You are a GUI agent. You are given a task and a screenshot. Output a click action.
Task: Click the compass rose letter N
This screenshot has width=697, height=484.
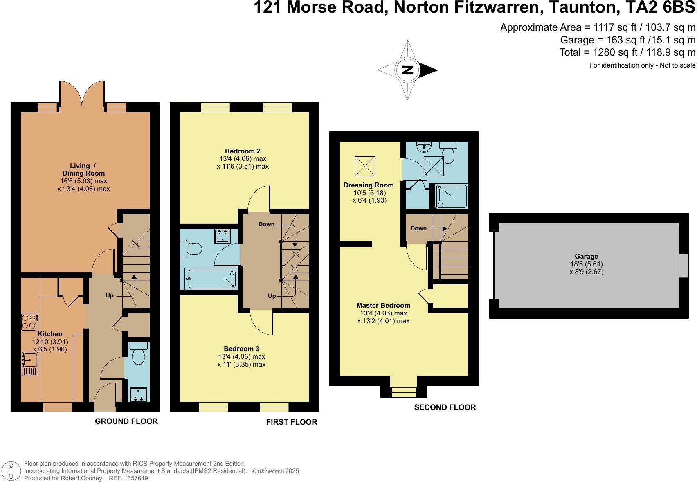407,70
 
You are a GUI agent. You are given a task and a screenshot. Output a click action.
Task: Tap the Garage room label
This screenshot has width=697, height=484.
586,257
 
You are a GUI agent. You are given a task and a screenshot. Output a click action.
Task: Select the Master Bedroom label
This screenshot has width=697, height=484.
383,305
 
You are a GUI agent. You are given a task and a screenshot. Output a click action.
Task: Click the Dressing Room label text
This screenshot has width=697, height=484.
369,185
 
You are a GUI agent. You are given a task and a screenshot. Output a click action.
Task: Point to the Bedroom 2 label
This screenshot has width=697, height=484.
243,151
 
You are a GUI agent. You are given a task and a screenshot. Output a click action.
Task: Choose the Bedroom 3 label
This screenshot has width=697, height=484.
241,349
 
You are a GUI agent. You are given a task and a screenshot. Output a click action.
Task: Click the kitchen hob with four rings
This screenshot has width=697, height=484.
29,321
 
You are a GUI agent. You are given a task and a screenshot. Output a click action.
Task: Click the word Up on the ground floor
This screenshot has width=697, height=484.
110,295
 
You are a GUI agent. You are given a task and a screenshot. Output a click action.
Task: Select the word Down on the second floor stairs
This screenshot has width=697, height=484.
418,228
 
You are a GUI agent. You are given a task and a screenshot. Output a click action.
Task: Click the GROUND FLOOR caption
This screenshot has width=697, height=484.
126,421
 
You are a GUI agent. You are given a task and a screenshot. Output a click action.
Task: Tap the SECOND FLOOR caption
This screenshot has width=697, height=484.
445,407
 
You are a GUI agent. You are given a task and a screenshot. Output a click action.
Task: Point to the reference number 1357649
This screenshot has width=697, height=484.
134,478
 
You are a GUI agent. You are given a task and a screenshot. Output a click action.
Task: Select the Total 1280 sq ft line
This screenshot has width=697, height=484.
627,52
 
